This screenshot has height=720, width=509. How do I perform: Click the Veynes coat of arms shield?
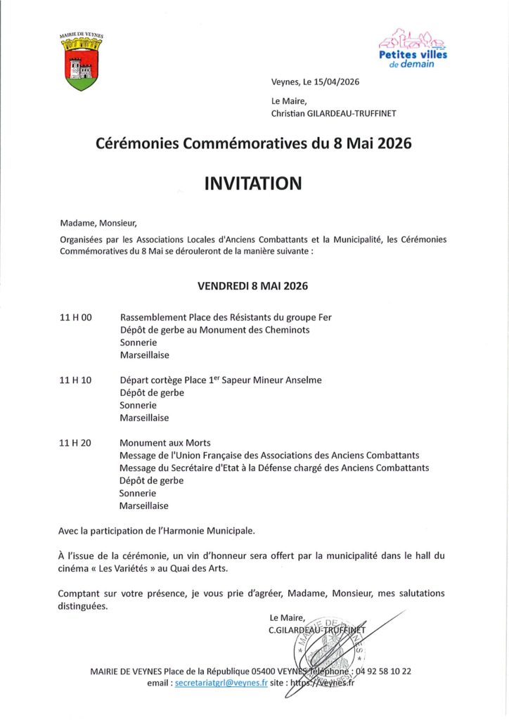coord(83,67)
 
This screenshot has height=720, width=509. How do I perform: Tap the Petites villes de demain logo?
coord(413,49)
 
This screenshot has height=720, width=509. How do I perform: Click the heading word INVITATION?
coord(253,184)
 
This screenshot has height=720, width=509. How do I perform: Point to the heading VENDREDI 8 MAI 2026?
coord(252,286)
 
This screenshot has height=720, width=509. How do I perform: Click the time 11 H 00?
coord(76,317)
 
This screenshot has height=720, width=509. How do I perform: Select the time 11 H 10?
coord(76,380)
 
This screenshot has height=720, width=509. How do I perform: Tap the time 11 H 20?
coord(76,443)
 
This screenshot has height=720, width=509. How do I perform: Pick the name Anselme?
coord(303,380)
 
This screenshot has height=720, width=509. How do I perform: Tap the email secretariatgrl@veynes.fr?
coord(221,683)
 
